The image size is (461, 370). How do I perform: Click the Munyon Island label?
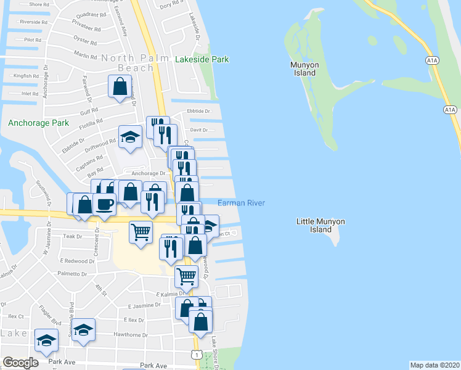pyautogui.click(x=303, y=68)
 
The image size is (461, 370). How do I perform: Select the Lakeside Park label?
pyautogui.click(x=202, y=60)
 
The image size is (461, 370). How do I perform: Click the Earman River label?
pyautogui.click(x=241, y=203)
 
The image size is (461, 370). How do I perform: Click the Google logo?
pyautogui.click(x=20, y=363)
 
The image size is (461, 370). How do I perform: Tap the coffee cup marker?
pyautogui.click(x=104, y=204)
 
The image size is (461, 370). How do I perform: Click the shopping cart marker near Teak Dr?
pyautogui.click(x=141, y=232)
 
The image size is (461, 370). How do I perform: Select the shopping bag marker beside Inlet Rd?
pyautogui.click(x=119, y=86)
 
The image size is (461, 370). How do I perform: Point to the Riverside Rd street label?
pyautogui.click(x=33, y=22)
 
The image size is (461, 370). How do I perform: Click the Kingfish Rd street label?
pyautogui.click(x=27, y=76)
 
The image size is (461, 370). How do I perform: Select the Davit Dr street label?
pyautogui.click(x=199, y=130)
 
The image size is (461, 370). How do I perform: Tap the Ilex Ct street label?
pyautogui.click(x=16, y=316)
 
